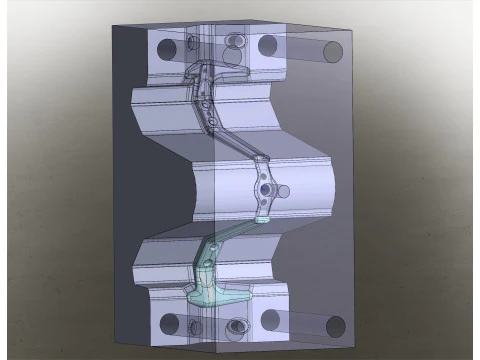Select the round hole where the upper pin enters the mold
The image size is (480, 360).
pos(267,45)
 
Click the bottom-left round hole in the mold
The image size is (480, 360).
pos(168,324)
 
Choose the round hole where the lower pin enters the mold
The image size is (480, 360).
pos(270,321)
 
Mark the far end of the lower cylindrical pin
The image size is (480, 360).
pos(335,326)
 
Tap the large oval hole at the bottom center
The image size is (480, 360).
pos(237,327)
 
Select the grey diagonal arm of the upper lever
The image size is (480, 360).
pos(225,126)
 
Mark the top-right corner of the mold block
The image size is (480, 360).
pos(352,33)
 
